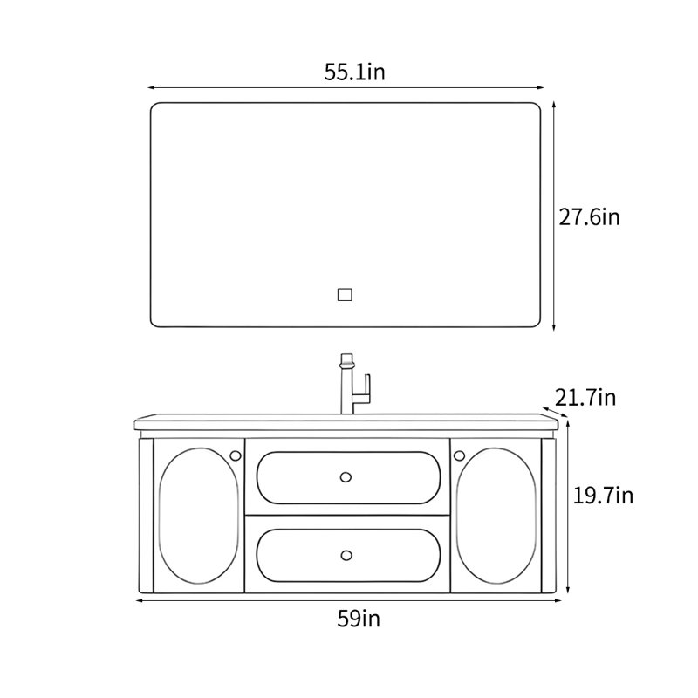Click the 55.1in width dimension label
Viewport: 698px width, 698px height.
pos(354,72)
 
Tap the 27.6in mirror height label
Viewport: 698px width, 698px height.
pos(589,217)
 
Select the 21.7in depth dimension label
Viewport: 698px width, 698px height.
pos(585,398)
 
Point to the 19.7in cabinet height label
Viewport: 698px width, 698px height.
pos(603,496)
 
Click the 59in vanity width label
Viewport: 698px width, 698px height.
pos(359,619)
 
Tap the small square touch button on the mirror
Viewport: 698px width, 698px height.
pos(345,295)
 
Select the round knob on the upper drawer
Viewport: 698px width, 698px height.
pos(346,477)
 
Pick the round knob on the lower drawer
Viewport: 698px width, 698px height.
pos(346,555)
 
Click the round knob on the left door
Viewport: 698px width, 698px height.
pos(236,455)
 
